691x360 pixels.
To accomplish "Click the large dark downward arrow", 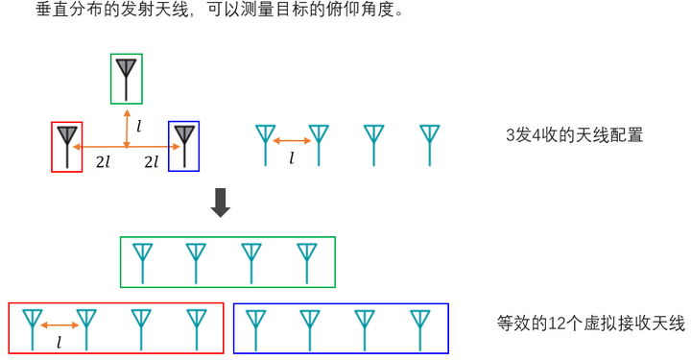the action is [x=221, y=203].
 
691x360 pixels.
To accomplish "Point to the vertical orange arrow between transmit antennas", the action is [x=127, y=129].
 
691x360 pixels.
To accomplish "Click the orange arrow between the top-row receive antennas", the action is [x=292, y=141].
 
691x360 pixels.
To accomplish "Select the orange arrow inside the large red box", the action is [x=60, y=325].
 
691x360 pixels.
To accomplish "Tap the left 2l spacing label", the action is [x=103, y=162].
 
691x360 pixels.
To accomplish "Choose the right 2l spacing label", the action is [x=152, y=162].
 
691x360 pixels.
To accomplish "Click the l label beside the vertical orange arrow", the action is [x=139, y=127].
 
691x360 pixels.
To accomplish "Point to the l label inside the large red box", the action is [x=60, y=343].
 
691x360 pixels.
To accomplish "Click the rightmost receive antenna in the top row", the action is [x=430, y=145].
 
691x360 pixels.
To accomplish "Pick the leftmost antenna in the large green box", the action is [x=142, y=263].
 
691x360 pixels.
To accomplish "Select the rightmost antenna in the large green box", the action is [x=307, y=263].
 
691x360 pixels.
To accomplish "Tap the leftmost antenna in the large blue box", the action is [x=255, y=330].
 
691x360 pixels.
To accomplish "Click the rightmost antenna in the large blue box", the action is [x=420, y=330].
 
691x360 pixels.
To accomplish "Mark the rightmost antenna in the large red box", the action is [x=197, y=330].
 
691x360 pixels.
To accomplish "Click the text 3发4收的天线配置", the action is [x=574, y=134].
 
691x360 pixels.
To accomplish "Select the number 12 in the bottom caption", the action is [x=557, y=324].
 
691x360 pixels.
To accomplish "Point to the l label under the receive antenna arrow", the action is [x=292, y=157].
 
